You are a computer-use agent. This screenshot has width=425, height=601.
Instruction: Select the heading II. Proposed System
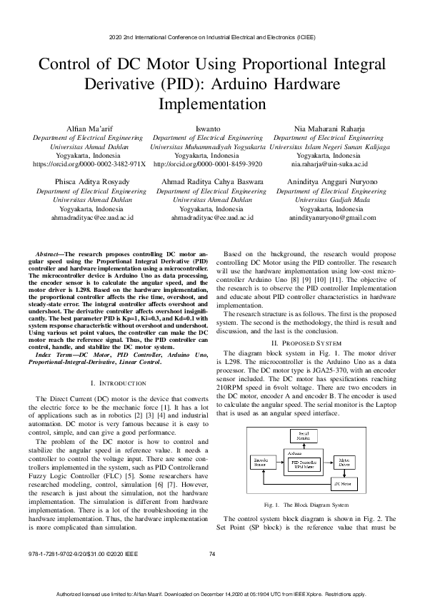[x=303, y=343]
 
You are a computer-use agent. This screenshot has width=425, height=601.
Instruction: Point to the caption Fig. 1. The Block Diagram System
[x=303, y=505]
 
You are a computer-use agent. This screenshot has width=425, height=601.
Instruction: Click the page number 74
[x=212, y=555]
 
